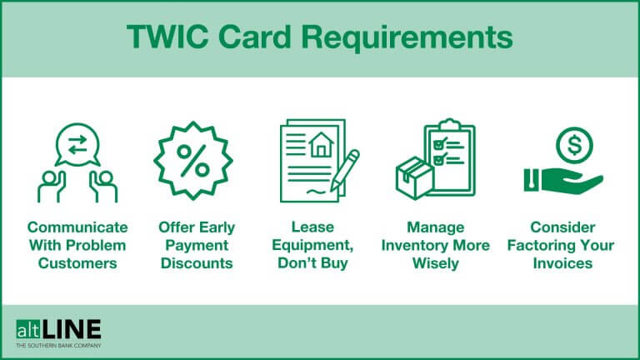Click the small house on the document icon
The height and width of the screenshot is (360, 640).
[319, 147]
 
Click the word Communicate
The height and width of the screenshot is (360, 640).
[77, 227]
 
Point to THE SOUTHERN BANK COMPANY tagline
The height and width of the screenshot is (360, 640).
[58, 345]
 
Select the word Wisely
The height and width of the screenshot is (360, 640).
[435, 263]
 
